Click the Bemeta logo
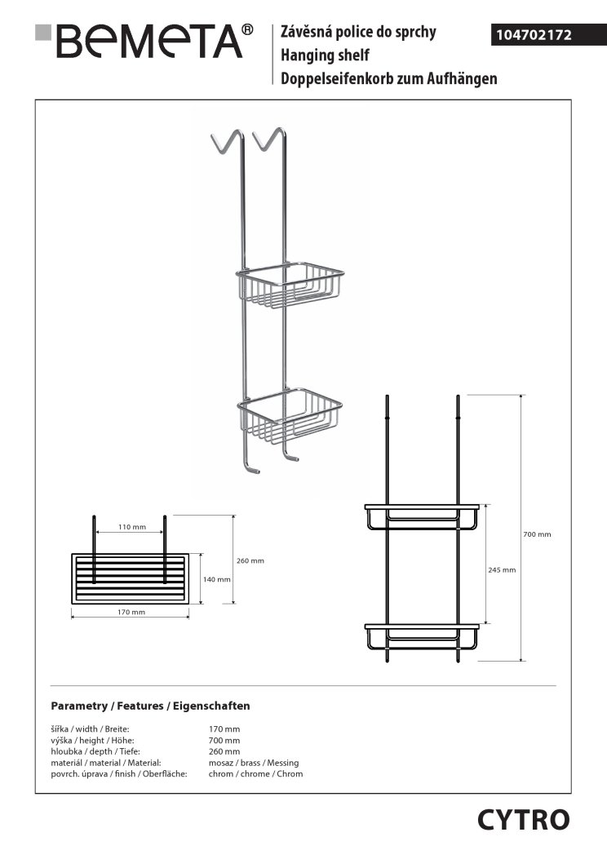tap(144, 41)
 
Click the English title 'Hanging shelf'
tap(325, 55)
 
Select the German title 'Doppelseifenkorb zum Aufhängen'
tap(389, 79)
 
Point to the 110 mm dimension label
tap(132, 527)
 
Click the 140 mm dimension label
tap(217, 579)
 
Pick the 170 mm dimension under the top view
tap(131, 612)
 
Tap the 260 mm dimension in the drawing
tap(250, 560)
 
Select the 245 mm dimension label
tap(502, 569)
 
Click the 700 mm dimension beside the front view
tap(537, 534)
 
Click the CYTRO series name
tap(523, 820)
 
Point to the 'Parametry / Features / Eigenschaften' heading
tap(150, 706)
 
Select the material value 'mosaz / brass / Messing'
tap(254, 763)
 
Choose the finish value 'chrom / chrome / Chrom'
tap(255, 774)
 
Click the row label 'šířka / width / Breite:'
tap(90, 729)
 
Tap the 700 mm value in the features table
tap(224, 740)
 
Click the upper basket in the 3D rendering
tap(290, 286)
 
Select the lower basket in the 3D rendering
tap(290, 414)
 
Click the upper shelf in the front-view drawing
tap(422, 516)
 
